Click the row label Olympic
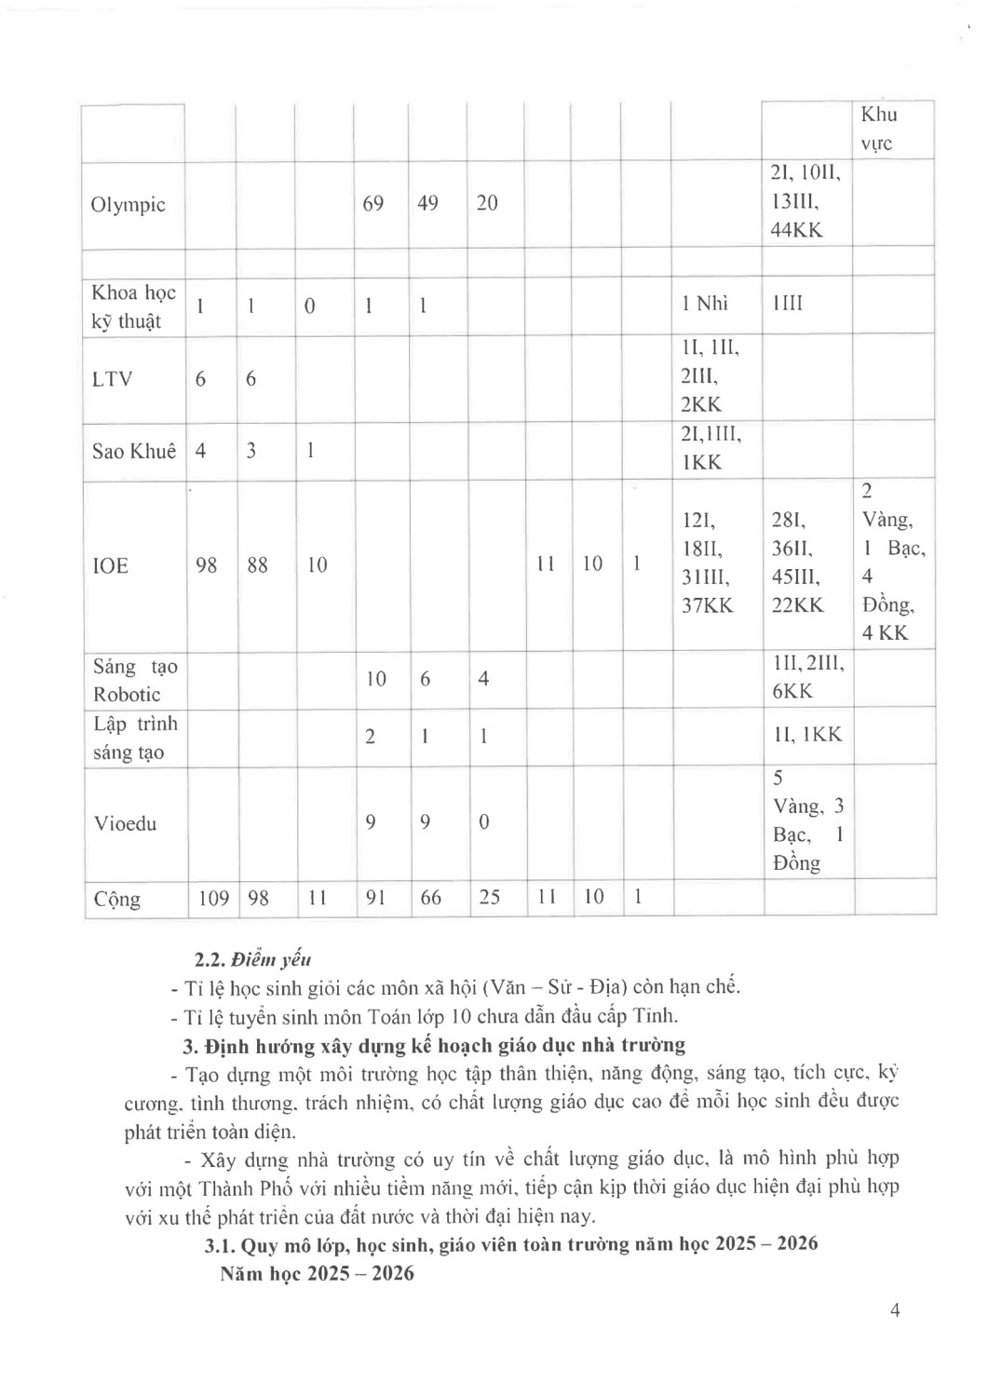point(128,205)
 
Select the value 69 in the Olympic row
point(372,203)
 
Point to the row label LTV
point(112,379)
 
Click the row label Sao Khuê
point(134,451)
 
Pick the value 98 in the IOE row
point(207,564)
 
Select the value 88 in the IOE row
point(257,564)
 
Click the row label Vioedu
point(125,823)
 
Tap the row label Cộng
point(117,900)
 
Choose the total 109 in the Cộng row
point(213,898)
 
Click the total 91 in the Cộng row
point(375,898)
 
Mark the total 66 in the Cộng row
point(430,898)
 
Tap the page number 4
point(895,1310)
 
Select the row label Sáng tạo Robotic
point(134,680)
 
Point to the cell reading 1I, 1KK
point(807,735)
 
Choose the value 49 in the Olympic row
point(427,203)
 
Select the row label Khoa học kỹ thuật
point(133,306)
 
